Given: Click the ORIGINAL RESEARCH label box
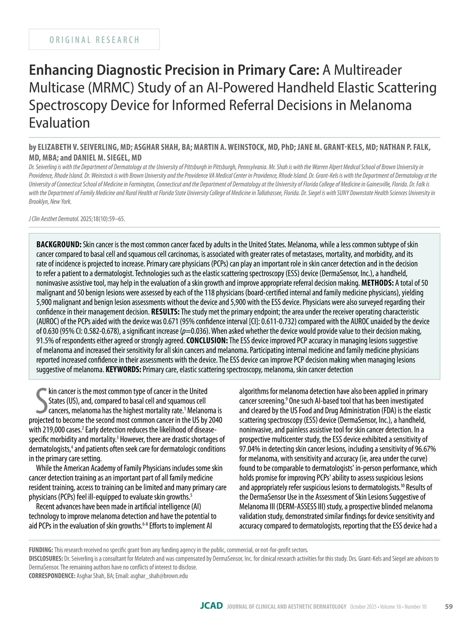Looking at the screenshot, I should (x=94, y=39).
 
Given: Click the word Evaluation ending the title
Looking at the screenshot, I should (x=59, y=123).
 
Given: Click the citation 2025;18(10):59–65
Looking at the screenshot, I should (x=103, y=219).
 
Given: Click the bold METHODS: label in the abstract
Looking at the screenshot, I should (x=378, y=283).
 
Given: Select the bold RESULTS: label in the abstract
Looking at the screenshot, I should (x=165, y=312).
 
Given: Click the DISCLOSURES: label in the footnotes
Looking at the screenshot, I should (x=46, y=559).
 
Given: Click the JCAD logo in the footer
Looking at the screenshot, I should (x=211, y=606).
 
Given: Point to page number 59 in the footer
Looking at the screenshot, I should (x=449, y=606).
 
